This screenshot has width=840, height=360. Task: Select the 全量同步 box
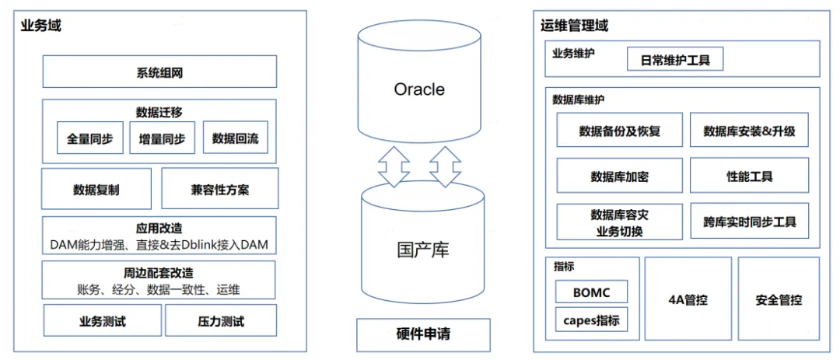click(89, 138)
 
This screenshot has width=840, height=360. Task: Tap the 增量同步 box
click(162, 138)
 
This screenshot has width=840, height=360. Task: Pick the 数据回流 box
click(235, 138)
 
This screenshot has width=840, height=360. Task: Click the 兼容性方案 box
click(219, 189)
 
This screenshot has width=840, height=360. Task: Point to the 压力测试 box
click(221, 320)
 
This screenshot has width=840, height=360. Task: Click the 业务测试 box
click(102, 320)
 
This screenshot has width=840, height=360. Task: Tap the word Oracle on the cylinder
click(419, 89)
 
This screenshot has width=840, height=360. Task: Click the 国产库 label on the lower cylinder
click(422, 250)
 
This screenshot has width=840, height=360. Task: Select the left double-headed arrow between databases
click(394, 166)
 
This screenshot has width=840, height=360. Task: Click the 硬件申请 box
click(423, 335)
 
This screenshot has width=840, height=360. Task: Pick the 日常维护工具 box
click(675, 59)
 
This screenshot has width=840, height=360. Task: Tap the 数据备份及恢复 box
click(619, 131)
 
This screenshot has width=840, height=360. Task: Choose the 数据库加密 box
click(619, 177)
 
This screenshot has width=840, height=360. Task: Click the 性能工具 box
click(749, 177)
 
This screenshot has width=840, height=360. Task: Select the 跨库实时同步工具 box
click(749, 222)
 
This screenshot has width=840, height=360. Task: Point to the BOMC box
click(591, 292)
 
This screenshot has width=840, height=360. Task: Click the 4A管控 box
click(688, 299)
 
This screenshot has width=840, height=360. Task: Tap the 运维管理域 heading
click(574, 26)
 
